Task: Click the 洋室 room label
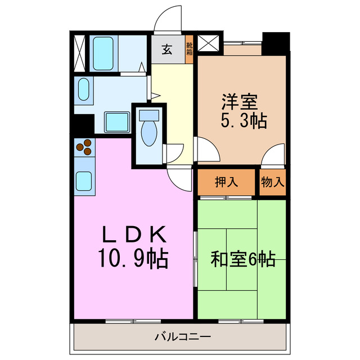coord(239,102)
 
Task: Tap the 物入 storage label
coord(273,182)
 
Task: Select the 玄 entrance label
coord(167,49)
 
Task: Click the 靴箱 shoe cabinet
coord(190,49)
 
